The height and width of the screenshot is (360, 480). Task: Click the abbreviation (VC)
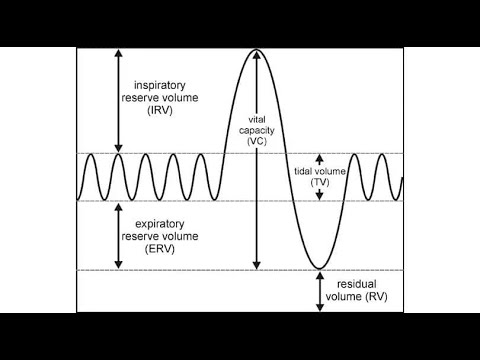pos(257,140)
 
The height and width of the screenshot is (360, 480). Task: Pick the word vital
pos(257,118)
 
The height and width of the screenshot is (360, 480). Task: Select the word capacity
pos(257,129)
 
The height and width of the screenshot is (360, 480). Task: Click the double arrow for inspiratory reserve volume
pos(118,100)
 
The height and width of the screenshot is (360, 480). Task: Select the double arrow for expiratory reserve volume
pos(118,236)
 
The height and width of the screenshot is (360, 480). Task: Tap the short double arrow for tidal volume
pos(320,178)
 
